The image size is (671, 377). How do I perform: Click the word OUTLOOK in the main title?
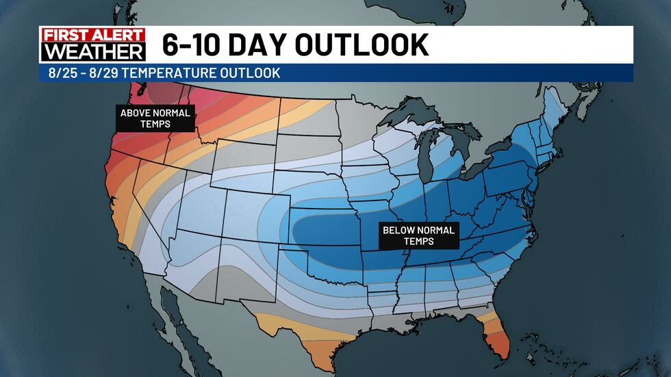point(363,45)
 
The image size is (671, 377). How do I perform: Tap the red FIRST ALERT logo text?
point(93,36)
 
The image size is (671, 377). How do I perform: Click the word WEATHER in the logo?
point(93,52)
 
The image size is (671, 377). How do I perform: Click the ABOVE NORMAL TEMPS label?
point(156,118)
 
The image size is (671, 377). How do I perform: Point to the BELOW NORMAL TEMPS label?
point(418,235)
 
